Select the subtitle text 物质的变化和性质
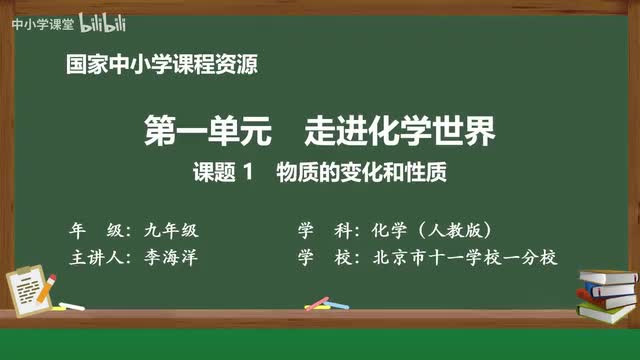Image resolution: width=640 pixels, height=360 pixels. (359, 172)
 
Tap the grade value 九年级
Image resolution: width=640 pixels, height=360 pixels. (185, 228)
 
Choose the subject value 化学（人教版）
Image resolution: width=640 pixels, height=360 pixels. (431, 228)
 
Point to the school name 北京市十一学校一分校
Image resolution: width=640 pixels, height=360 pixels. (461, 257)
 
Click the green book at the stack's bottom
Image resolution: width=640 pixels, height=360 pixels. (607, 311)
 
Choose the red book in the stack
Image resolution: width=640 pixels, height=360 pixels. (607, 291)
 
